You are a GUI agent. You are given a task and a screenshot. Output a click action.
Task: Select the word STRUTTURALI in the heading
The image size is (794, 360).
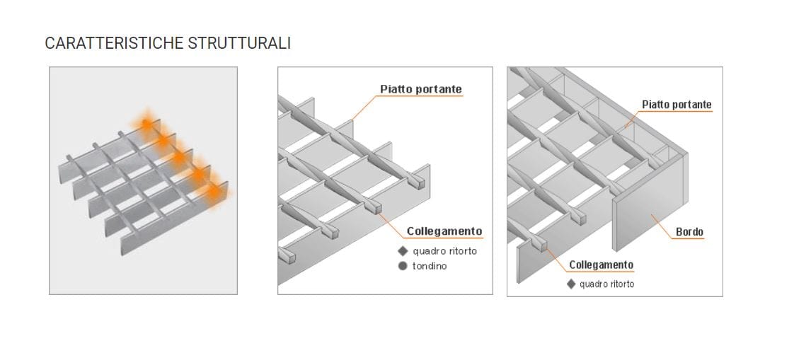pos(239,43)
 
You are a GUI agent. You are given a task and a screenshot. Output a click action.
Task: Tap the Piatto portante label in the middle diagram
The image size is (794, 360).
pos(420,89)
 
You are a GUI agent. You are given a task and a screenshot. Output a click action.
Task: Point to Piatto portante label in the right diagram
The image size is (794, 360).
pos(677,105)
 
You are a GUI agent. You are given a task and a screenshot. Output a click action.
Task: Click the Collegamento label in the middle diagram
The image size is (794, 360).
pos(444,231)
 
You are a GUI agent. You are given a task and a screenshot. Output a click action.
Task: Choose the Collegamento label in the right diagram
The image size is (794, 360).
pos(601,265)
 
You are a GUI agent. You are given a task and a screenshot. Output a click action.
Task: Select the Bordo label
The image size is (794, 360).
pos(689,232)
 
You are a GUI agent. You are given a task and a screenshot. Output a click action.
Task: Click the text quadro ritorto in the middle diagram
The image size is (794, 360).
pos(444,251)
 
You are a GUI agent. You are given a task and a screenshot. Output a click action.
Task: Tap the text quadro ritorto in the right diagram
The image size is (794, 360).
pos(606,284)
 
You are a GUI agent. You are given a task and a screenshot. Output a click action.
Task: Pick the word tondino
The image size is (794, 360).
pos(430,266)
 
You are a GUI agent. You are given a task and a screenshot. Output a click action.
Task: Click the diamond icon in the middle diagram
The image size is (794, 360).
pos(403,251)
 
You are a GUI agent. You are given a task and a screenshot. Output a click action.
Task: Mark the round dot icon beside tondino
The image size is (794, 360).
pos(403,266)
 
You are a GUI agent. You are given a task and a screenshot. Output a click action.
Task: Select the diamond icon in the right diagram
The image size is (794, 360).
pos(571,284)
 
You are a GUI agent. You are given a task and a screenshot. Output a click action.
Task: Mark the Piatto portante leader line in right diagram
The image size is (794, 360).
pos(631,119)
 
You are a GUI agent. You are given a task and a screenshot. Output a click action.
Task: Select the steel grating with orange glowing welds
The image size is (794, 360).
pos(142,184)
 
